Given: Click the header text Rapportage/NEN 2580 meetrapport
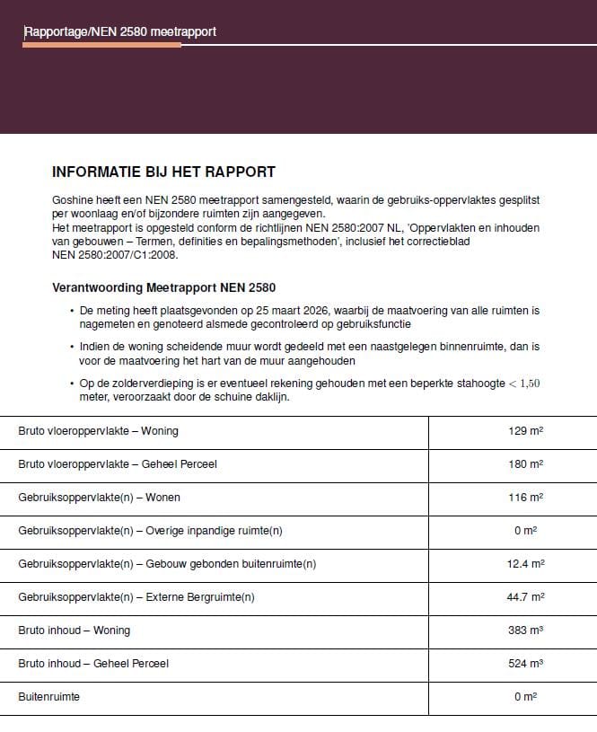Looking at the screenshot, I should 119,32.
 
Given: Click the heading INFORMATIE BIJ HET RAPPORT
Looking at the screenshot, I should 163,172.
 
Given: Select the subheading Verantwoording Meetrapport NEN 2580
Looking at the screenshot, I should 164,288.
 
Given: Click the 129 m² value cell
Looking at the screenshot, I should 525,431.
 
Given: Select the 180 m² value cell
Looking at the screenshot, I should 525,464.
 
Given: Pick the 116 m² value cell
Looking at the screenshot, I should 525,498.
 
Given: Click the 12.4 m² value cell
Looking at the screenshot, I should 525,564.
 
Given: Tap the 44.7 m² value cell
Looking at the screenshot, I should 525,597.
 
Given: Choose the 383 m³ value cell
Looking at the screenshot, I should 525,631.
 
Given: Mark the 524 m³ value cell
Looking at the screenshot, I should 525,664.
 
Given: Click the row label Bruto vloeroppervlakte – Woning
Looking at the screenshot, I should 98,431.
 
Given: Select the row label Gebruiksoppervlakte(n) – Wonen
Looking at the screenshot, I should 100,498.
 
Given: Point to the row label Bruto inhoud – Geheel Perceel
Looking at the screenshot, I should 93,664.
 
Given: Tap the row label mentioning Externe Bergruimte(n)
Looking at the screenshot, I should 136,597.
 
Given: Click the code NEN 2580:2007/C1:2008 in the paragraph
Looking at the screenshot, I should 116,255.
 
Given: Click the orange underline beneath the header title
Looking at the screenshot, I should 101,44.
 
